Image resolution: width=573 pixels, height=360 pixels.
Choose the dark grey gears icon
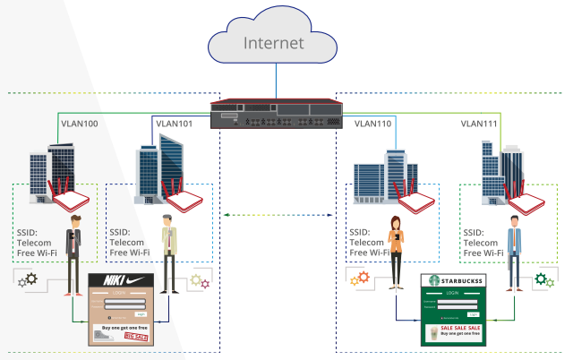[29, 279]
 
